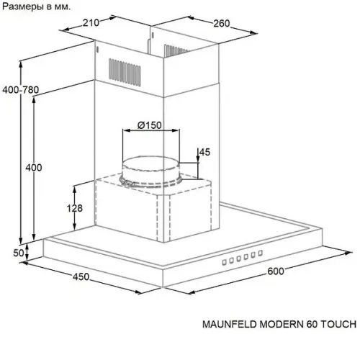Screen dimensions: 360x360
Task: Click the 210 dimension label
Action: (x=91, y=23)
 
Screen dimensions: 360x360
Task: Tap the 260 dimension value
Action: (x=222, y=24)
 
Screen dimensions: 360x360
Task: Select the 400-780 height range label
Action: (x=20, y=90)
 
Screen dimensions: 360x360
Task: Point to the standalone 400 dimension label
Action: (x=34, y=168)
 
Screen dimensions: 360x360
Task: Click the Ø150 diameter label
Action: (x=150, y=125)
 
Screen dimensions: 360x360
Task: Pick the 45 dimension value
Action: (x=204, y=152)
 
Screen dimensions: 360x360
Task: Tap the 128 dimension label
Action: (x=75, y=208)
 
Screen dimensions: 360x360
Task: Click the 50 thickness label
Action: (x=19, y=253)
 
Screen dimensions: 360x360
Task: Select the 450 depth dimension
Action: (x=81, y=277)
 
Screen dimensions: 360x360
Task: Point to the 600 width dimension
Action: (x=276, y=271)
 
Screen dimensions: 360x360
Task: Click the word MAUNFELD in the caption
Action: (x=230, y=324)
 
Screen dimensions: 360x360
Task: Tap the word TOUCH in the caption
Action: (x=338, y=324)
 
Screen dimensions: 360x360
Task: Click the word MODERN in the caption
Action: (x=282, y=324)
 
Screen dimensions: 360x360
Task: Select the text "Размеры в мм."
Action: (x=37, y=6)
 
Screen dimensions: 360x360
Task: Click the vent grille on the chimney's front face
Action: (x=125, y=72)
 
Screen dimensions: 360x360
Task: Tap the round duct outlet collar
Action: (x=150, y=171)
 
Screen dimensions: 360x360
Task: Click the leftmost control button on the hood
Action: (x=224, y=262)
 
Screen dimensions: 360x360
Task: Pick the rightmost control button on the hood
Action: (x=261, y=253)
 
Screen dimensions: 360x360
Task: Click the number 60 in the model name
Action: (x=312, y=324)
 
